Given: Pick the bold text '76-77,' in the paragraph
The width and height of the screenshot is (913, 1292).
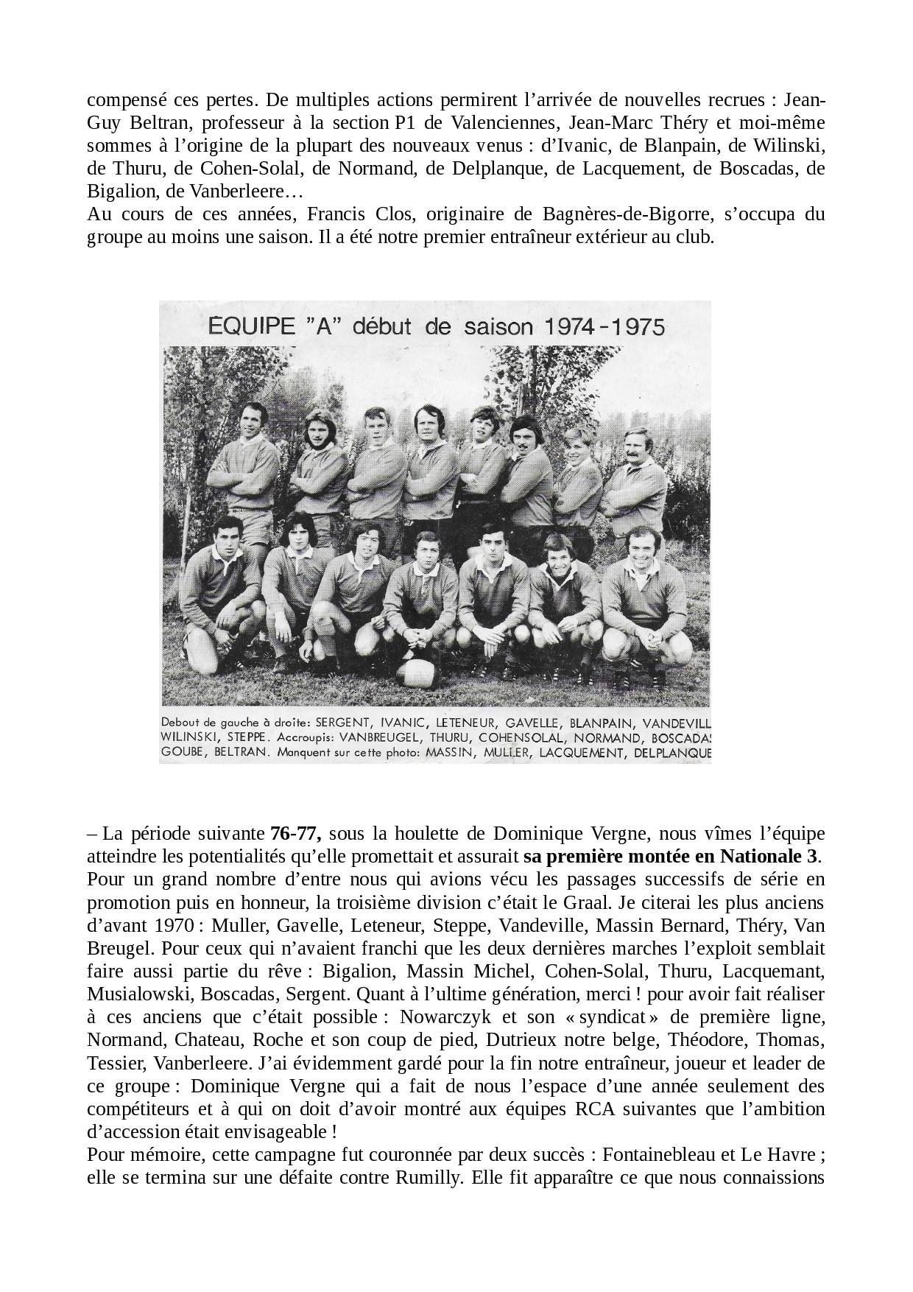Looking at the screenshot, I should tap(296, 834).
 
